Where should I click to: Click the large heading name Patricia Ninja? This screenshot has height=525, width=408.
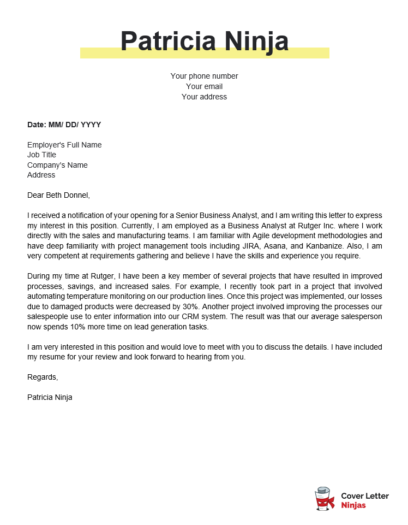[x=204, y=42]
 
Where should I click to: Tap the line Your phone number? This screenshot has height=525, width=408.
[x=204, y=76]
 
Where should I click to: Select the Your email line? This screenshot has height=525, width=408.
[x=204, y=86]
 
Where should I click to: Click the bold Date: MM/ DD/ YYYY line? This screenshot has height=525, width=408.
[x=64, y=125]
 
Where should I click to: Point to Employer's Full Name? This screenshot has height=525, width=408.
[x=64, y=145]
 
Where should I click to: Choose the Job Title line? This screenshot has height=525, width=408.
[x=41, y=155]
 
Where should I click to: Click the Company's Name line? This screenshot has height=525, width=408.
[x=57, y=165]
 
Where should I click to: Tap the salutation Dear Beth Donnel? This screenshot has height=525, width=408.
[x=58, y=195]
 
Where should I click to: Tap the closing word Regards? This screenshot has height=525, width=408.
[x=42, y=377]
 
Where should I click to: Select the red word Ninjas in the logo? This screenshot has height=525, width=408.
[x=353, y=505]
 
